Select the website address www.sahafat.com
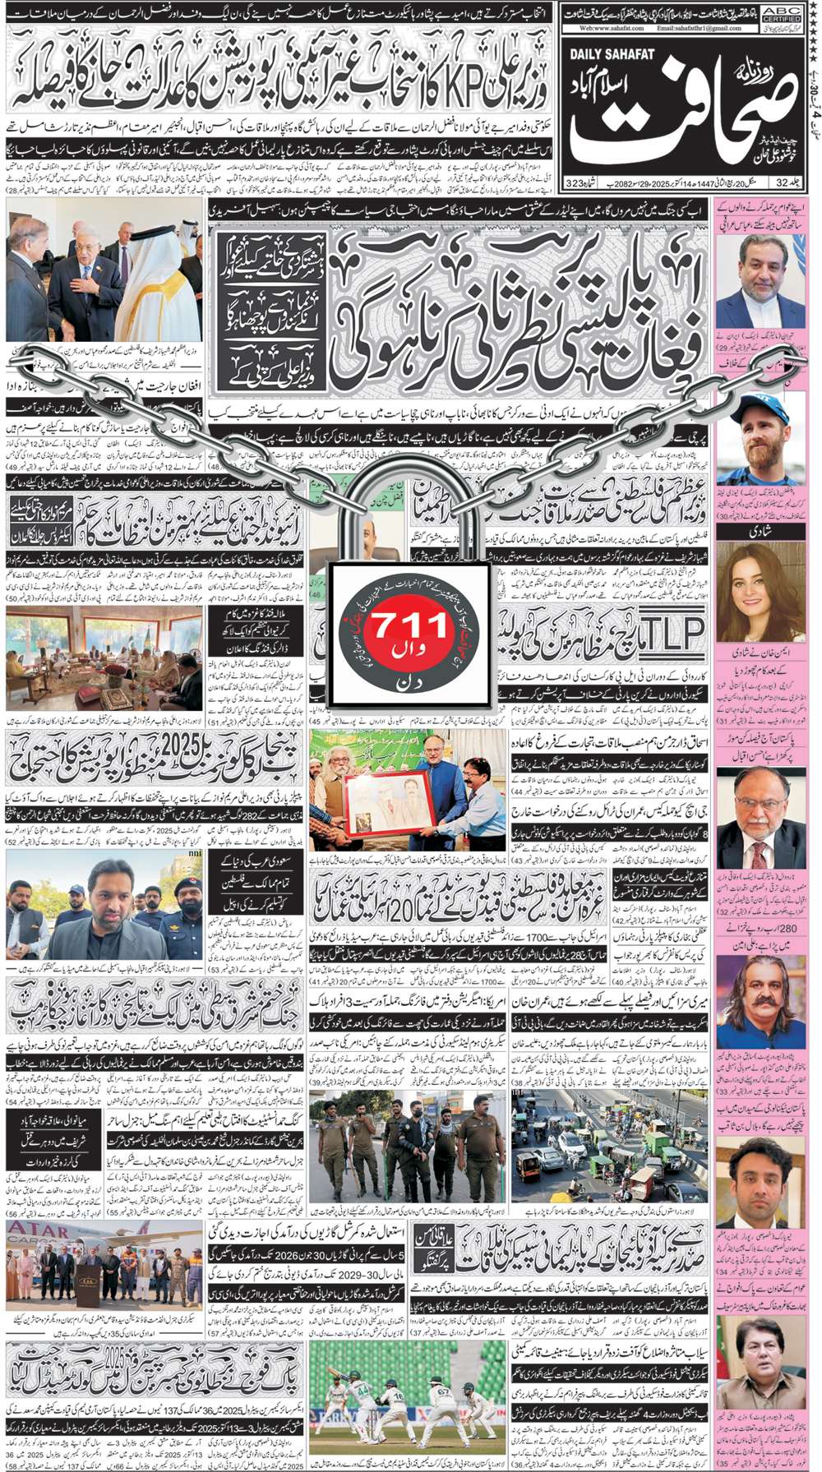point(610,28)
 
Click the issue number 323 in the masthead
point(575,182)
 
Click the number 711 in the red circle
point(411,627)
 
